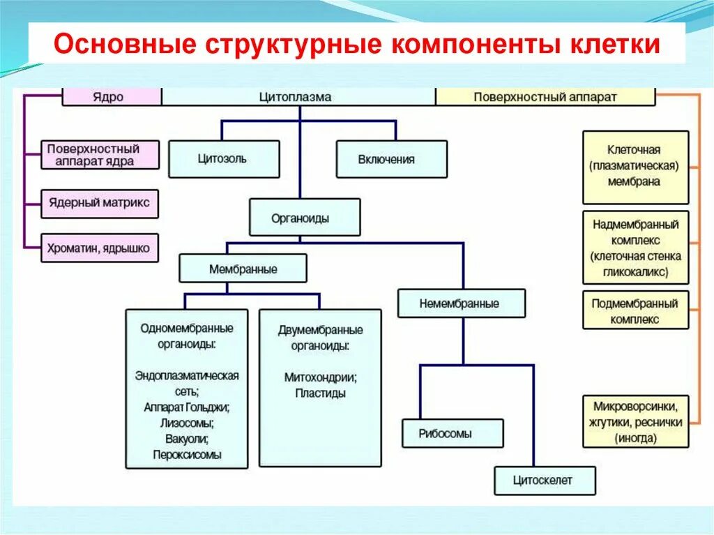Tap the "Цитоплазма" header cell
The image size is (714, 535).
point(299,97)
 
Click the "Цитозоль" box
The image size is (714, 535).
point(224,159)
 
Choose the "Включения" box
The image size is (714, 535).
point(391,159)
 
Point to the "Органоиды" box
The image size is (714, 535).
point(305,218)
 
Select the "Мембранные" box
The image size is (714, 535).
point(243,269)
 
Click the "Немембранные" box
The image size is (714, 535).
point(462,303)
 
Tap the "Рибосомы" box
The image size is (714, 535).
point(452,433)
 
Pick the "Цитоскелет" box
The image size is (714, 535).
point(545,481)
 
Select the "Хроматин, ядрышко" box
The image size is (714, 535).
point(100,248)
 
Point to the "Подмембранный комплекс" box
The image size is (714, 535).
point(635,312)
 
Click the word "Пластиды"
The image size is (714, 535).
point(320,393)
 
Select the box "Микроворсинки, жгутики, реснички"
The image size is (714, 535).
point(635,421)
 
